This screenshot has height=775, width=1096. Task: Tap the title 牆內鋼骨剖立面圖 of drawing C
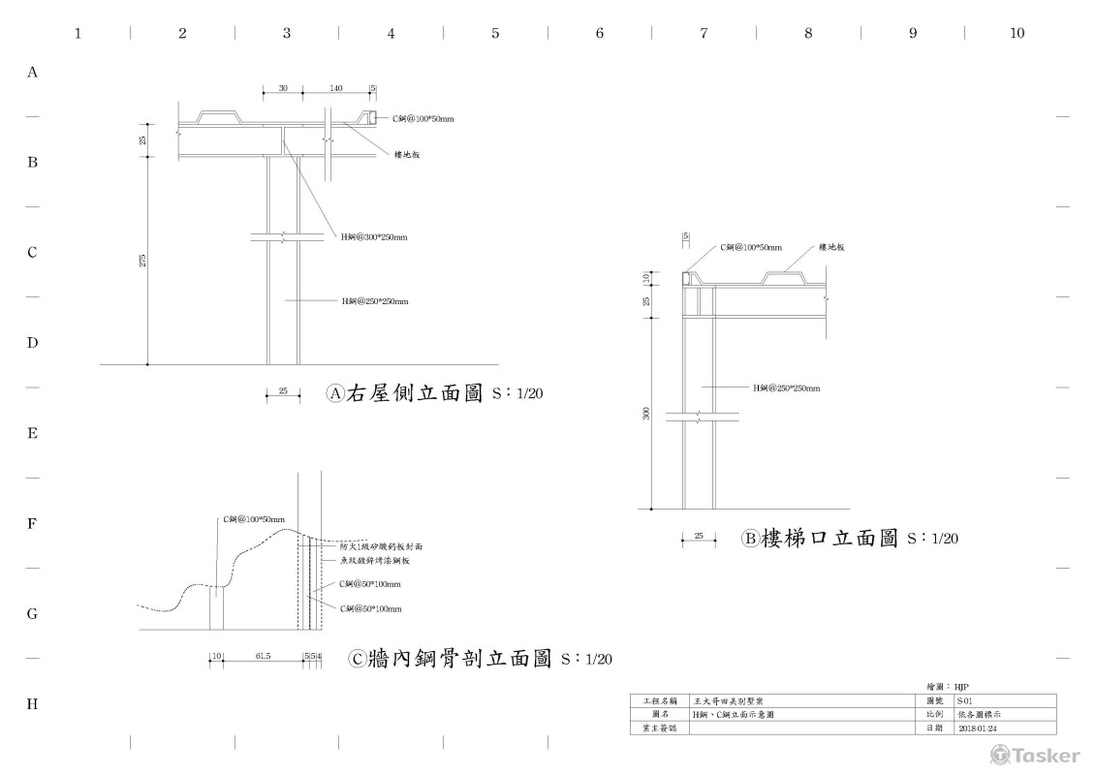click(461, 659)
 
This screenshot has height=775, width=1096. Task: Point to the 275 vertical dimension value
click(142, 261)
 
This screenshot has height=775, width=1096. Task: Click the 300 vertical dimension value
click(646, 414)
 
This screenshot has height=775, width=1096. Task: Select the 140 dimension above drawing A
click(335, 88)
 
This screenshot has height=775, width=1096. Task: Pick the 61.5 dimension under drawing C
click(263, 656)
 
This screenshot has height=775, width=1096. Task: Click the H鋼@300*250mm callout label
click(374, 236)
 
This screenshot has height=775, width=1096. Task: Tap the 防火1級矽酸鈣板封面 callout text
click(381, 546)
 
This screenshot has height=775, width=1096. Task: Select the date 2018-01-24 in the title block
click(978, 728)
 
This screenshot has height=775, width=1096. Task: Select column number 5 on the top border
click(495, 33)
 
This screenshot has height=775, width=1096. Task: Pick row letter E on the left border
click(33, 433)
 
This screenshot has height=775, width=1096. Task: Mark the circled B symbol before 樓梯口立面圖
click(750, 539)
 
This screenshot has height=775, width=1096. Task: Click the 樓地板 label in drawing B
click(833, 248)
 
